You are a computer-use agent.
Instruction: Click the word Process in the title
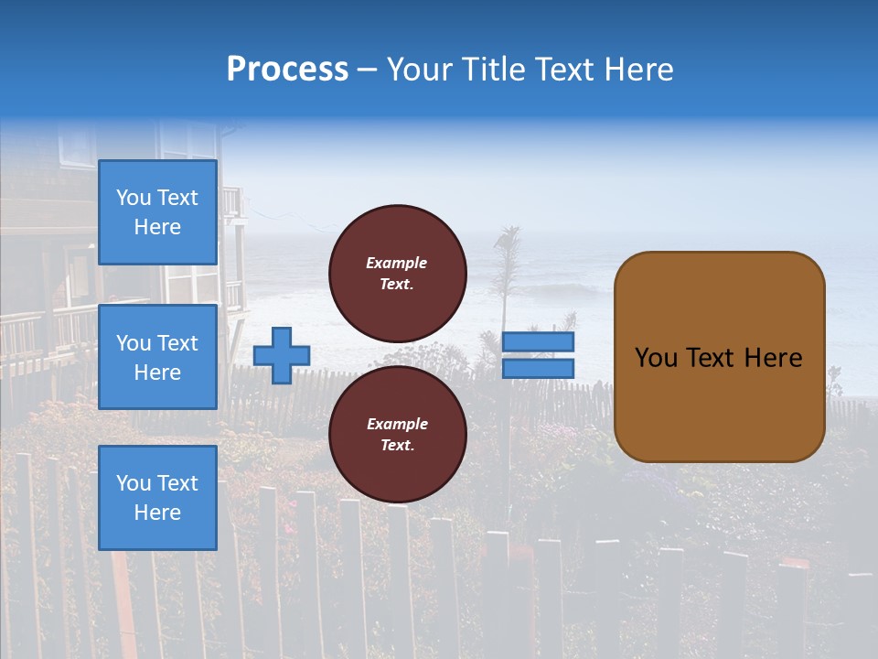(x=287, y=69)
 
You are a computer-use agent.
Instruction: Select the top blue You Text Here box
(x=157, y=212)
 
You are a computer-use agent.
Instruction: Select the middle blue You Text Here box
(x=157, y=357)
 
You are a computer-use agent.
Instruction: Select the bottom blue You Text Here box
(x=157, y=498)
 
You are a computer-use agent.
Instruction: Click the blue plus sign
(x=282, y=355)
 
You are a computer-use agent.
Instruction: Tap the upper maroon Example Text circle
(x=397, y=274)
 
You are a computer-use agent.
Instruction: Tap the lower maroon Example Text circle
(x=397, y=435)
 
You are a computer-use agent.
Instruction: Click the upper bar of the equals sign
(x=539, y=341)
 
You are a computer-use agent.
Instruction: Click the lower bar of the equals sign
(x=539, y=369)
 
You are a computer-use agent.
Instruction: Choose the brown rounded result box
(x=719, y=403)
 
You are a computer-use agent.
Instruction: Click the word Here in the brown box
(x=773, y=358)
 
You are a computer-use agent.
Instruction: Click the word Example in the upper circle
(x=397, y=263)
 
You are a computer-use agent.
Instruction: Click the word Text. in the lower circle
(x=397, y=446)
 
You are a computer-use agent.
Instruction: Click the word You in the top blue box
(x=134, y=198)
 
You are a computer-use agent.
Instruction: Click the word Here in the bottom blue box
(x=157, y=513)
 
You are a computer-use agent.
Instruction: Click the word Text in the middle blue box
(x=177, y=343)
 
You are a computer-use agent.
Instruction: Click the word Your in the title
(x=421, y=69)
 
